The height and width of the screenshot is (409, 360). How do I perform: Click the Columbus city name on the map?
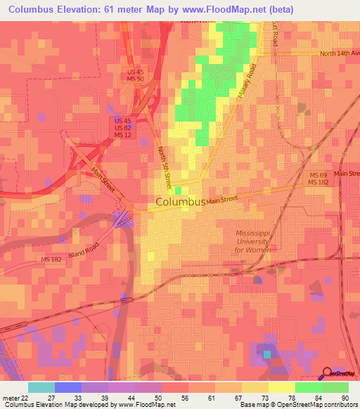tap(180, 202)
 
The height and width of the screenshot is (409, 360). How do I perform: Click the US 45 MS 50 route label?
tap(136, 77)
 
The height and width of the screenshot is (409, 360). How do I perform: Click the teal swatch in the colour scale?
tap(41, 387)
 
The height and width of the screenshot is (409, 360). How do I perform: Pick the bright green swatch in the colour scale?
tap(308, 387)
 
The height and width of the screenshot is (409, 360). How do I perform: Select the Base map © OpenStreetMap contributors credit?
tap(297, 404)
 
